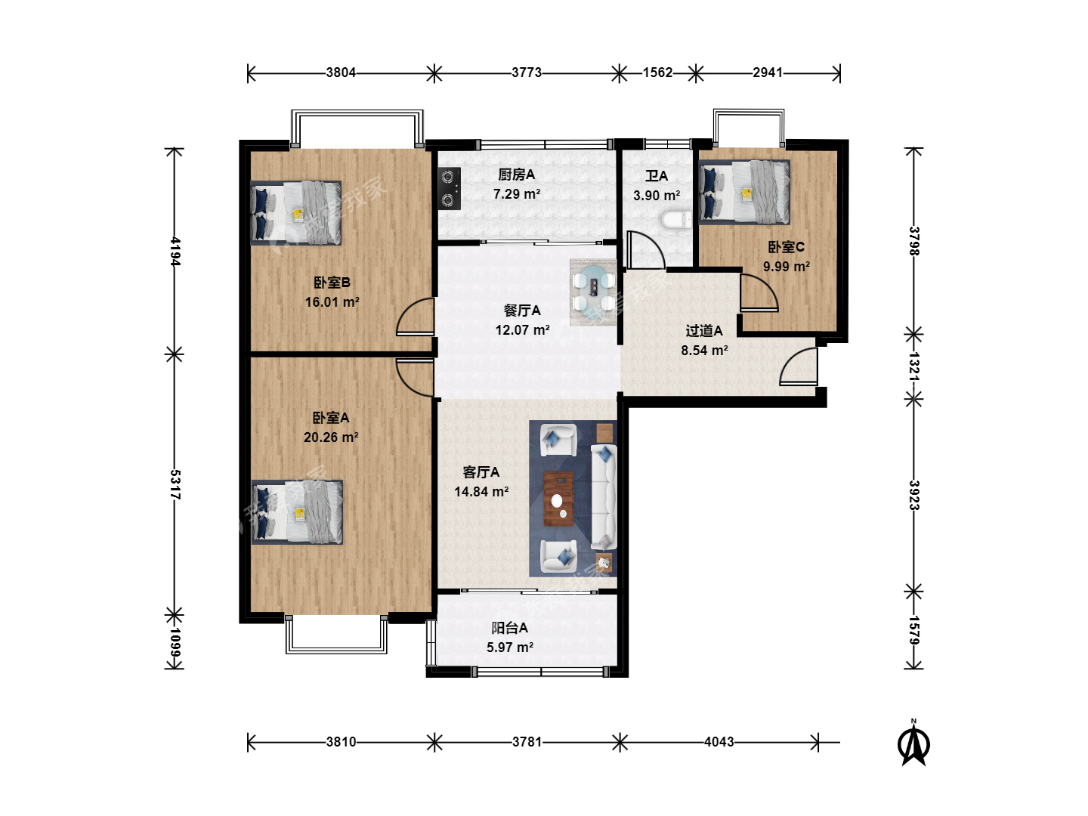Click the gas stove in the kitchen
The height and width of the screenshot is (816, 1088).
pos(449,188)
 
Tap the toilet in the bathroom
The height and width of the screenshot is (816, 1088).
pos(676,220)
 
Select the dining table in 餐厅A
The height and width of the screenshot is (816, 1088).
pos(593,292)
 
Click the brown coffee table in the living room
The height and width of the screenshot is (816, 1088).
pos(558,499)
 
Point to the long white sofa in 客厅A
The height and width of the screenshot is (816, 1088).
pos(603,497)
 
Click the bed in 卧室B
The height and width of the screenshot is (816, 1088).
pos(296,213)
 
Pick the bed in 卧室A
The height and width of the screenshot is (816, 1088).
pos(297,512)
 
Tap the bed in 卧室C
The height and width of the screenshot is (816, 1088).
pos(744,192)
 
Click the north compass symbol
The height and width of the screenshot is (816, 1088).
pos(913,743)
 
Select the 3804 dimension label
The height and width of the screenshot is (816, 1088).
pos(341,73)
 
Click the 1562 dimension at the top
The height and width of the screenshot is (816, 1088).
pos(658,73)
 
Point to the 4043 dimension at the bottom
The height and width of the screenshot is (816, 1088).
pos(719,742)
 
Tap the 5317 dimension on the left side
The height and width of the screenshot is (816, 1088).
pos(175,484)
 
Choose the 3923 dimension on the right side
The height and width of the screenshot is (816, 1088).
pos(914,495)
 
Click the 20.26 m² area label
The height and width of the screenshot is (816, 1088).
pos(331,437)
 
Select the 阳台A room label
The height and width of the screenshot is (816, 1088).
pos(509,628)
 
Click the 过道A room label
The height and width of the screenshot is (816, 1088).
pos(704,330)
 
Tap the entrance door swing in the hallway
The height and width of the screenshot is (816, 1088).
pos(799,366)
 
